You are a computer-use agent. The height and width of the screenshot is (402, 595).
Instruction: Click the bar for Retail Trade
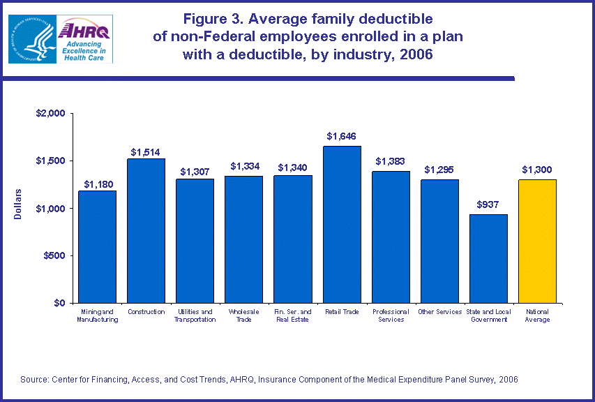pyautogui.click(x=341, y=224)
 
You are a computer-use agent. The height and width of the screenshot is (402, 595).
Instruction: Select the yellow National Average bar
pyautogui.click(x=537, y=241)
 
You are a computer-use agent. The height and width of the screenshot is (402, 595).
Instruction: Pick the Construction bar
pyautogui.click(x=146, y=230)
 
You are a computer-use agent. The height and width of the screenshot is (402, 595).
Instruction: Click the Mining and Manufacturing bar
pyautogui.click(x=97, y=246)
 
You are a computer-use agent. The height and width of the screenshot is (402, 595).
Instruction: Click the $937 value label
pyautogui.click(x=488, y=205)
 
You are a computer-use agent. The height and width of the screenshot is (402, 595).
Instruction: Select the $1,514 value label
pyautogui.click(x=146, y=151)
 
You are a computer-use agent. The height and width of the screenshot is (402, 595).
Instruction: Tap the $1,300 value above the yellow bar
pyautogui.click(x=537, y=170)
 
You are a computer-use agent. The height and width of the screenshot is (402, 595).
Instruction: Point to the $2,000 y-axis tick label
pyautogui.click(x=50, y=113)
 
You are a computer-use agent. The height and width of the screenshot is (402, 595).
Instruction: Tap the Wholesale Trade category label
pyautogui.click(x=243, y=315)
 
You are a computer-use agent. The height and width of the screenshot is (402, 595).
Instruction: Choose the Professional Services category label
pyautogui.click(x=390, y=315)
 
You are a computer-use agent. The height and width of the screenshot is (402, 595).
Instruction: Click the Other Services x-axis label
pyautogui.click(x=439, y=312)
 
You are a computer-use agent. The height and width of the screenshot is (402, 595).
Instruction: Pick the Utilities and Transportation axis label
pyautogui.click(x=195, y=315)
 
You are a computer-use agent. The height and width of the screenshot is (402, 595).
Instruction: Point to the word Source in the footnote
pyautogui.click(x=35, y=379)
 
